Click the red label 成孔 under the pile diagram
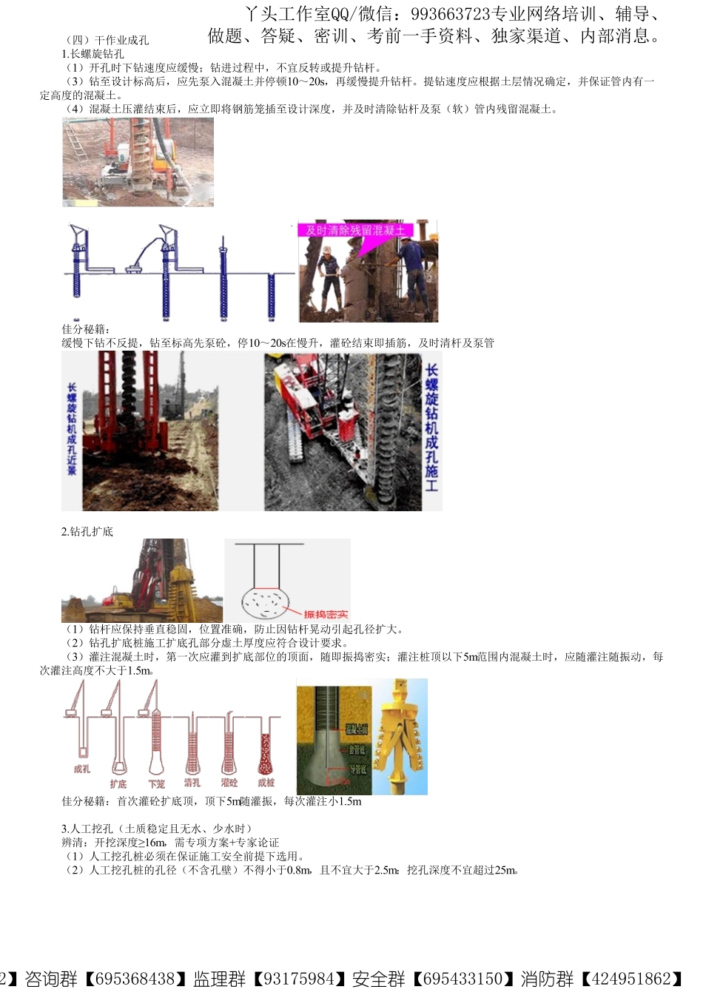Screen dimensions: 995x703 click(x=81, y=769)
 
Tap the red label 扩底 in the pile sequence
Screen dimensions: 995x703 click(x=118, y=783)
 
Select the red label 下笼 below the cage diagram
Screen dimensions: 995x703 click(x=156, y=783)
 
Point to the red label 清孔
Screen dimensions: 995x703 click(x=192, y=782)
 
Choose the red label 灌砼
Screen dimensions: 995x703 click(x=229, y=782)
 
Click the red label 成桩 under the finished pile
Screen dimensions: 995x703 click(x=266, y=782)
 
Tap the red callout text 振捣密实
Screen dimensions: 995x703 click(x=326, y=614)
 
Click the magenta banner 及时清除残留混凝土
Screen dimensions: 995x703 click(x=355, y=230)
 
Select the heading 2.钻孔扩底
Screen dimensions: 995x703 click(x=87, y=531)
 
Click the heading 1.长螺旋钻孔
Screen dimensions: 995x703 click(x=93, y=54)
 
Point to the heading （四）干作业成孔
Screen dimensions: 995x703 click(x=108, y=40)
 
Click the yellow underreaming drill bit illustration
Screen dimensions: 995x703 click(x=400, y=735)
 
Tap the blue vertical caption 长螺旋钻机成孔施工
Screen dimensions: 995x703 click(x=431, y=428)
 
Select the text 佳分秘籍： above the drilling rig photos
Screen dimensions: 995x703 click(x=86, y=329)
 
